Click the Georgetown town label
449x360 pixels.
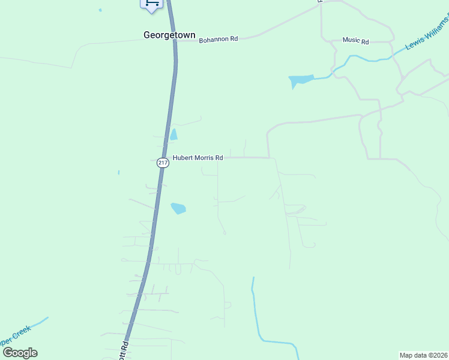point(169,35)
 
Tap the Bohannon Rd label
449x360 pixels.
point(218,39)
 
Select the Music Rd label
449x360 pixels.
point(355,40)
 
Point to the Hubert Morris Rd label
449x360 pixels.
point(197,158)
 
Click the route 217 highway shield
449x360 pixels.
point(163,163)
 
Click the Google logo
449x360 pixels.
point(20,352)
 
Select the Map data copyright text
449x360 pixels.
point(423,355)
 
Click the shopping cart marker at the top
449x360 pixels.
point(152,4)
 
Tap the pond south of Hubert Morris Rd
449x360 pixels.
point(178,209)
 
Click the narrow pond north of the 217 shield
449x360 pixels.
point(173,134)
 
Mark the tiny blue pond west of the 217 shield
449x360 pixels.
point(119,173)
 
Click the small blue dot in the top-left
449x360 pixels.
point(100,10)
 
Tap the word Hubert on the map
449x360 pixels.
point(183,158)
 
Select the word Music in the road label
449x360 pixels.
point(351,40)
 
